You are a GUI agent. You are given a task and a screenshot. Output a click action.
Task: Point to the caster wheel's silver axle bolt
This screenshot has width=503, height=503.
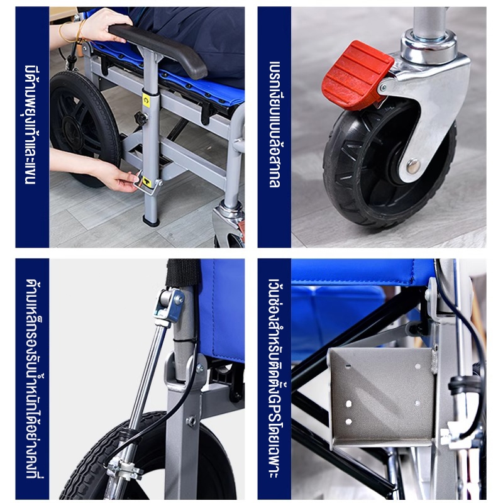coord(413,166)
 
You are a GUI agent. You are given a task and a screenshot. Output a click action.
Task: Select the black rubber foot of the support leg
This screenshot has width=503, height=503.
coord(151,221)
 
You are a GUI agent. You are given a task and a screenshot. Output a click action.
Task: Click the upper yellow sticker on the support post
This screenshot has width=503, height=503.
coord(146,101)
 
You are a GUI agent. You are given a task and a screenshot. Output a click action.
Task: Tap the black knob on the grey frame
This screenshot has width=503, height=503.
coord(141,118)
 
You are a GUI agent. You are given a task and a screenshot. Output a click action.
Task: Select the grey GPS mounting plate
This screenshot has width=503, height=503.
coord(382,397)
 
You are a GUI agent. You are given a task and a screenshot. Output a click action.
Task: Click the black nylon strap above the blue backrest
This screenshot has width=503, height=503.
coord(183,273)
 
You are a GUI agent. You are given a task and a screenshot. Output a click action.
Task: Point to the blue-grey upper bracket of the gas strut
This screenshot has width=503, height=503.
coord(169,306)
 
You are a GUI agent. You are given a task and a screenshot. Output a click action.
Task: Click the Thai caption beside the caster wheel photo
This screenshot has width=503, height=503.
coord(275,124)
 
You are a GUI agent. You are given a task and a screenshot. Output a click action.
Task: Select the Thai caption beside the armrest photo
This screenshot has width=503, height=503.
coord(31,124)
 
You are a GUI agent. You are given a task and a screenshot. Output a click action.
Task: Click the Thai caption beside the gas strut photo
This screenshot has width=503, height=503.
coord(35,379)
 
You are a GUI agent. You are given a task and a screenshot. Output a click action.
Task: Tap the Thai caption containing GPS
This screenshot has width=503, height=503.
coord(275,379)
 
